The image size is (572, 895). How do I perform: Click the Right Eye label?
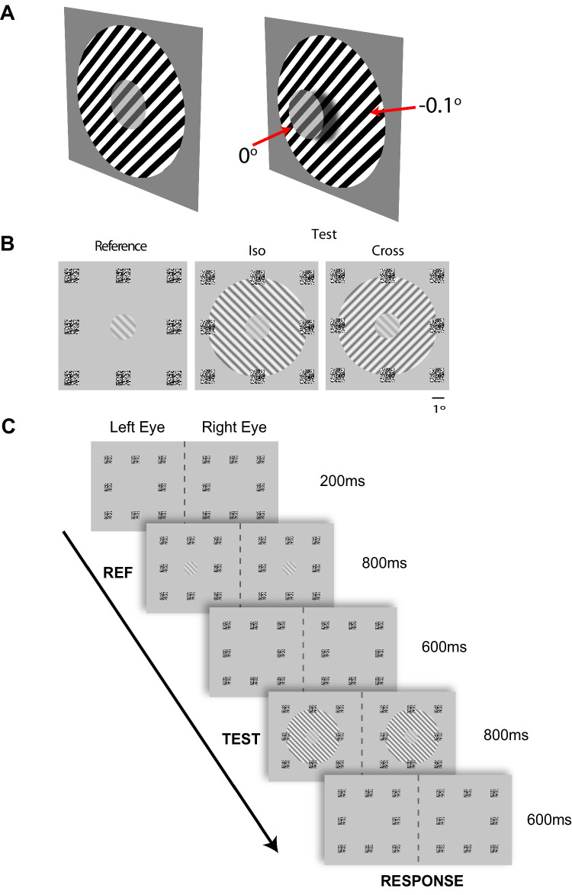tap(234, 428)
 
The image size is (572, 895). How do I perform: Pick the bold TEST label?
tap(240, 739)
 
